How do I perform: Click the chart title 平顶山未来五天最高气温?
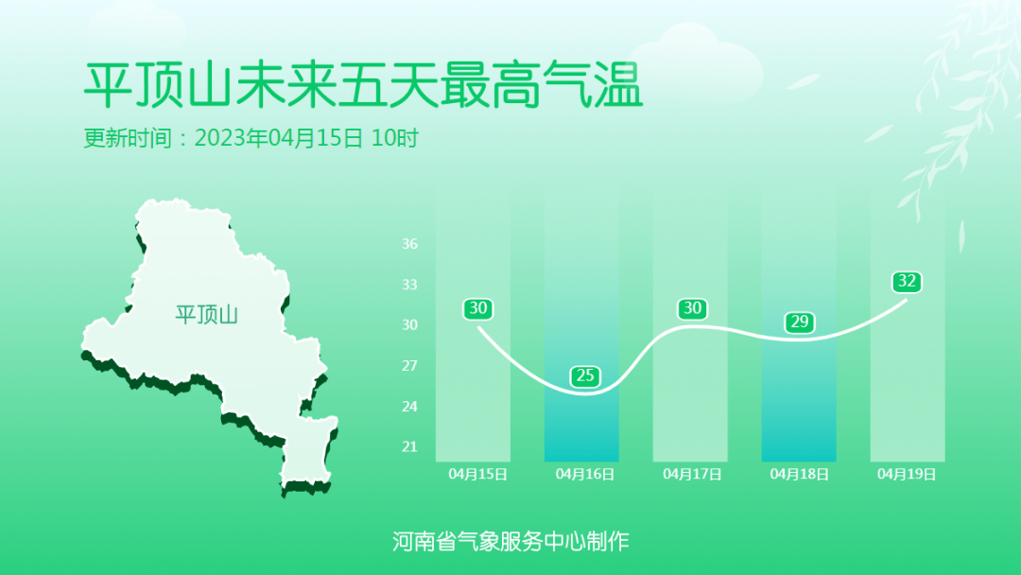coord(363,85)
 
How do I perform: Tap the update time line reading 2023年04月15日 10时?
coord(306,138)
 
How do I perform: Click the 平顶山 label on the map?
coord(206,315)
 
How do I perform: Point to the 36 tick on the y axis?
coord(409,244)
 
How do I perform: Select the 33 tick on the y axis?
coord(409,285)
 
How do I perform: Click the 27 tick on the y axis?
coord(409,365)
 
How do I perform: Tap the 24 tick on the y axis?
coord(409,407)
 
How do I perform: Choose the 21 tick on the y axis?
coord(409,446)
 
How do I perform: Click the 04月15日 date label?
coord(478,474)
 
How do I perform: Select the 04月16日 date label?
coord(585,474)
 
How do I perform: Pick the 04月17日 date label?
coord(692,474)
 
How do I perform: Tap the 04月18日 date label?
coord(799,474)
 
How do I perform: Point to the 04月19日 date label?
coord(907,474)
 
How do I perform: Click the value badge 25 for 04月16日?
coord(585,375)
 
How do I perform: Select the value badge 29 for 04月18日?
coord(800,322)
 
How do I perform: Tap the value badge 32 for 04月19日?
coord(907,281)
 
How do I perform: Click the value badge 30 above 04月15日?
coord(478,308)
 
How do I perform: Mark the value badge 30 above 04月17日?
coord(692,308)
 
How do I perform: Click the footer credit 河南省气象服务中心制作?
coord(510,541)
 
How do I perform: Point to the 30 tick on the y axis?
coord(409,325)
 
